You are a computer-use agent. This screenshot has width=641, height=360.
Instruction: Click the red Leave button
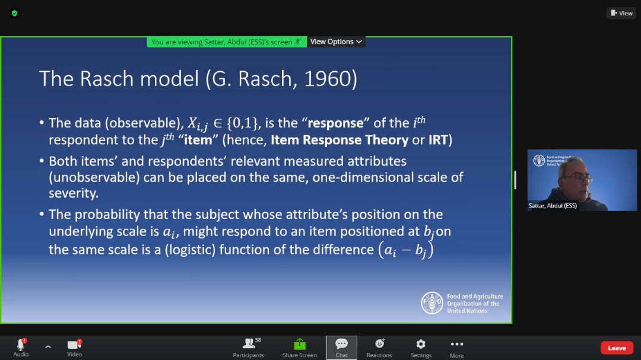pyautogui.click(x=617, y=348)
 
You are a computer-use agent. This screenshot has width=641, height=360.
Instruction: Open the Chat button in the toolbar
pyautogui.click(x=341, y=348)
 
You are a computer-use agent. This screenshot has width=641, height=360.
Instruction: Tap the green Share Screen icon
pyautogui.click(x=300, y=344)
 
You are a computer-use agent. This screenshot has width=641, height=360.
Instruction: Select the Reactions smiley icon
pyautogui.click(x=379, y=343)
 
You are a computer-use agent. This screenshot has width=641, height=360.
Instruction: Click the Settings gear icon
pyautogui.click(x=421, y=344)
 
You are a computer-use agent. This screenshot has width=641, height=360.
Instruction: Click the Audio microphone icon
pyautogui.click(x=21, y=344)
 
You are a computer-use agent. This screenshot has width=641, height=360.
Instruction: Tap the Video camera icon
pyautogui.click(x=74, y=345)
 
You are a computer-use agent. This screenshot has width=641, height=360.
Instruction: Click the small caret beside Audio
pyautogui.click(x=48, y=347)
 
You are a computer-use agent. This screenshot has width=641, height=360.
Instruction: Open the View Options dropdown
pyautogui.click(x=335, y=42)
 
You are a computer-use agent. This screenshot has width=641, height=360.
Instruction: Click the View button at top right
pyautogui.click(x=621, y=13)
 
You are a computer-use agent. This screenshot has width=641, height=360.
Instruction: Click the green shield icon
pyautogui.click(x=15, y=14)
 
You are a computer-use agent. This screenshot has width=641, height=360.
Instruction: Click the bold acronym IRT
pyautogui.click(x=438, y=140)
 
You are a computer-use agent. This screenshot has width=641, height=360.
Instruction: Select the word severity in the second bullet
pyautogui.click(x=73, y=193)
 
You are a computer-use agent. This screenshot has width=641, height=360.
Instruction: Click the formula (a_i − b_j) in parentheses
pyautogui.click(x=405, y=250)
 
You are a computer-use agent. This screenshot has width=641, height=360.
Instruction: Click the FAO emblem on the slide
pyautogui.click(x=431, y=303)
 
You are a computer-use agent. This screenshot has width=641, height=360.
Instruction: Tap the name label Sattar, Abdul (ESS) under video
pyautogui.click(x=553, y=206)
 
